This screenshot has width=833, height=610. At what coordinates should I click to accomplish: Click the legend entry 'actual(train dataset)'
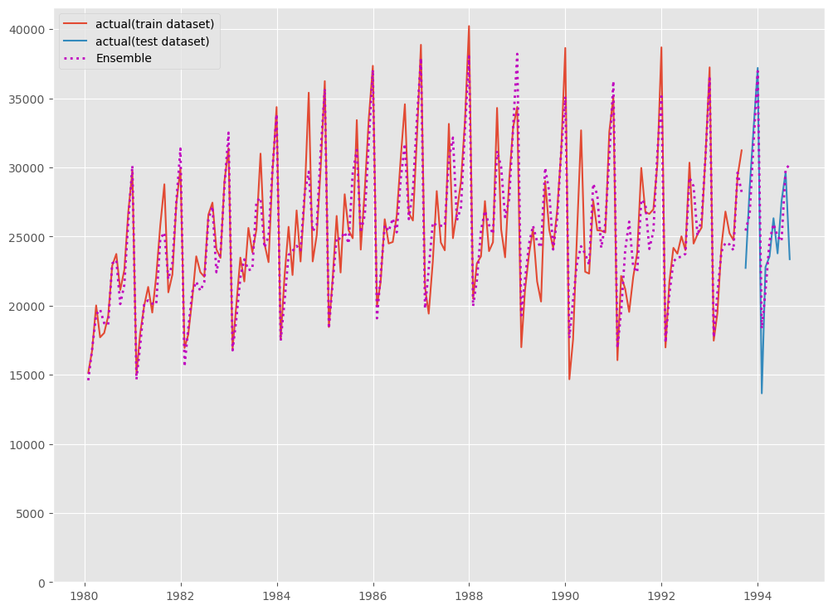click(x=155, y=24)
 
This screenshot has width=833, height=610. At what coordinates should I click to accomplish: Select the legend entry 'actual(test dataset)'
click(x=153, y=41)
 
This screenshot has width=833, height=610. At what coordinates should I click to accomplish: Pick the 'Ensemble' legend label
click(x=124, y=58)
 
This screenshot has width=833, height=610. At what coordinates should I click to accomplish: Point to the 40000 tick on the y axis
click(x=29, y=30)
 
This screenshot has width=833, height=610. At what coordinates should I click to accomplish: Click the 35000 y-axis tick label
click(x=29, y=99)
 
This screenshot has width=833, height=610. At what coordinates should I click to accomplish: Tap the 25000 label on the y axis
click(x=29, y=237)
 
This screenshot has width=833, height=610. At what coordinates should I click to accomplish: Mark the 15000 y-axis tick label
click(x=29, y=375)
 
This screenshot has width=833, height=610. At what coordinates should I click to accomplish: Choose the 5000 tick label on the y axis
click(x=32, y=514)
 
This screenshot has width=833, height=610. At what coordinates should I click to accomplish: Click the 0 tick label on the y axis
click(x=42, y=583)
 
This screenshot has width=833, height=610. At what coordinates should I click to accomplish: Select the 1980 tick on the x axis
click(x=85, y=596)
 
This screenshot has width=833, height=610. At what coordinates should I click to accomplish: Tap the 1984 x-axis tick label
click(x=277, y=596)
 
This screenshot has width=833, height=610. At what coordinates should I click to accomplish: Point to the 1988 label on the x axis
click(x=469, y=596)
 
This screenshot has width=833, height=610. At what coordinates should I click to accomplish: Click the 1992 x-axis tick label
click(x=661, y=596)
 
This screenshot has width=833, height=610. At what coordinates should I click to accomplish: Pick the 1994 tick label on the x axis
click(x=757, y=596)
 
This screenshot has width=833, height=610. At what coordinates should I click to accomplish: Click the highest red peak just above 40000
click(x=469, y=26)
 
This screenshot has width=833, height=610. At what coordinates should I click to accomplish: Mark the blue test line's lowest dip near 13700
click(x=762, y=393)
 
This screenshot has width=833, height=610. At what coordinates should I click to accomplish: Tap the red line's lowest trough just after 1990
click(x=569, y=379)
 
